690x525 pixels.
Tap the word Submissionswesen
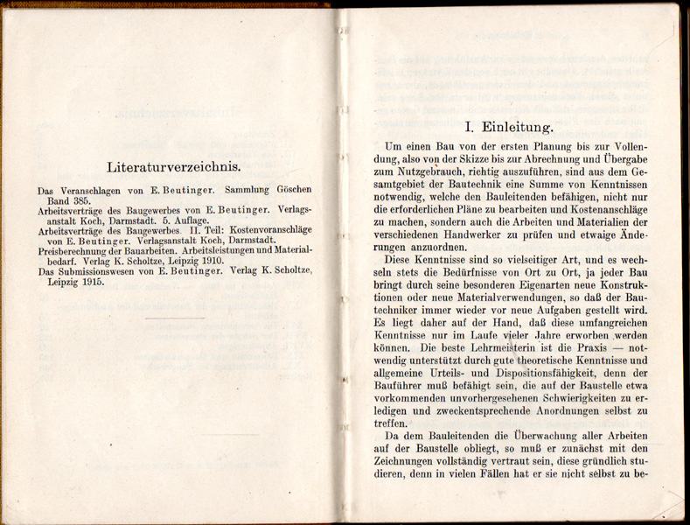pyautogui.click(x=94, y=272)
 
